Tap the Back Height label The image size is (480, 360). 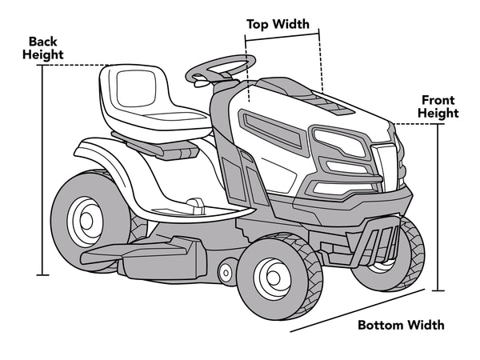[46, 47]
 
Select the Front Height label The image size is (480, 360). [439, 106]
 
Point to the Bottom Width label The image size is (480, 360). [400, 325]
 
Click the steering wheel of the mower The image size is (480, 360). [219, 67]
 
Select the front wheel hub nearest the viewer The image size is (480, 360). [273, 277]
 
